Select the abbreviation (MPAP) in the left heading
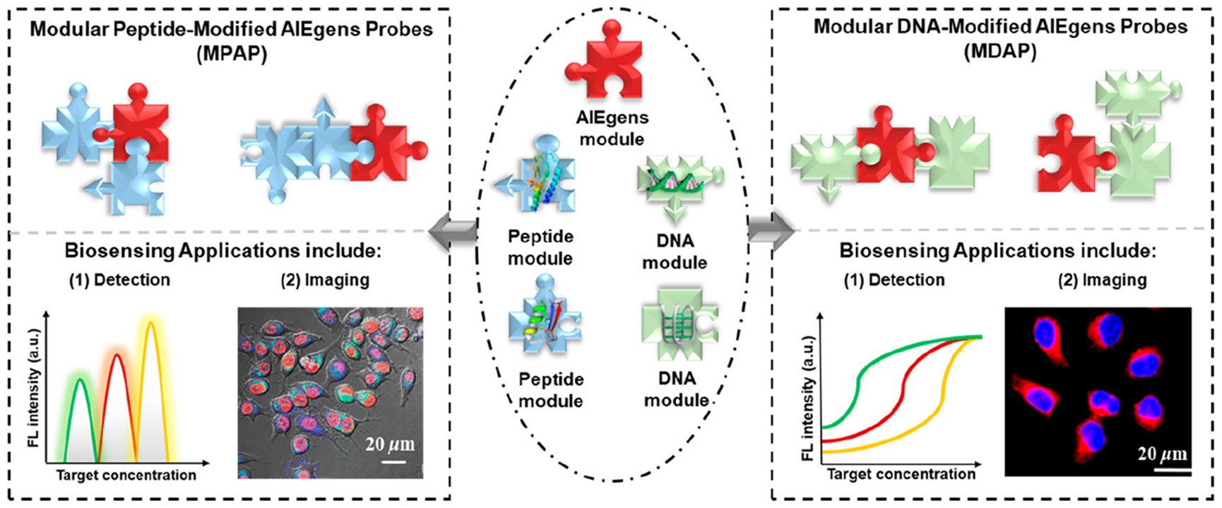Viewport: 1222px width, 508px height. click(x=232, y=53)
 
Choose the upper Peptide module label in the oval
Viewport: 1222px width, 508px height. click(x=540, y=247)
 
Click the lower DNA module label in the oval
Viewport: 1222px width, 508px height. click(x=676, y=389)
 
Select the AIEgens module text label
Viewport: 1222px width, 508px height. click(x=612, y=128)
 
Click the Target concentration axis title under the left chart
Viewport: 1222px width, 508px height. click(x=126, y=475)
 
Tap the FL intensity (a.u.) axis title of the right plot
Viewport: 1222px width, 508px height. click(x=808, y=398)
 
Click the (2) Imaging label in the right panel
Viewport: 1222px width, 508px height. click(x=1102, y=280)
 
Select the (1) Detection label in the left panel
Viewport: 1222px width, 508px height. click(x=119, y=280)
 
